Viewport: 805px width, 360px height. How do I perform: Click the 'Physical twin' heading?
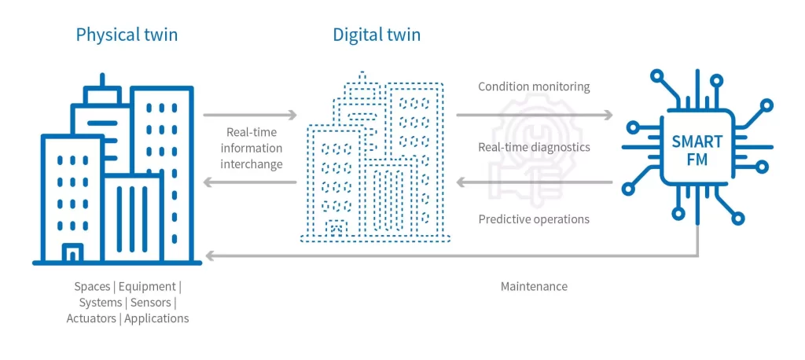coord(127,35)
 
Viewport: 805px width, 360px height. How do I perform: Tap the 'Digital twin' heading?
coord(377,35)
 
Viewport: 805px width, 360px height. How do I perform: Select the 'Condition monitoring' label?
coord(534,86)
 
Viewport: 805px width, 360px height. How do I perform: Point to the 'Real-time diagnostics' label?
coord(534,147)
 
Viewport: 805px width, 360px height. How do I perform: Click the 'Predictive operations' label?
coord(534,219)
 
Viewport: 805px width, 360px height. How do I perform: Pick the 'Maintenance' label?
coord(534,286)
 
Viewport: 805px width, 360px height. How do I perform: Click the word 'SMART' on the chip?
coord(697,142)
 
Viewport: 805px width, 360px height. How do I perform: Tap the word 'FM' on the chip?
coord(697,161)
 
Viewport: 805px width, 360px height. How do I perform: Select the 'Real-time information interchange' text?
coord(251,148)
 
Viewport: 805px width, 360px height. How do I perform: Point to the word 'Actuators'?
coord(92,318)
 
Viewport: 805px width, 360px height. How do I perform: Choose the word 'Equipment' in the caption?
coord(152,286)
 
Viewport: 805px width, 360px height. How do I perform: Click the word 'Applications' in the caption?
coord(156,318)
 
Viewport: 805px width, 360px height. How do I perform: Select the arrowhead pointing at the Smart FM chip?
coord(608,116)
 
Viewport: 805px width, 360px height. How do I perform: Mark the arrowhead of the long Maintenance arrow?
coord(208,255)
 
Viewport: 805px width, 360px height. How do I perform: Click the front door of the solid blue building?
coord(72,253)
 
